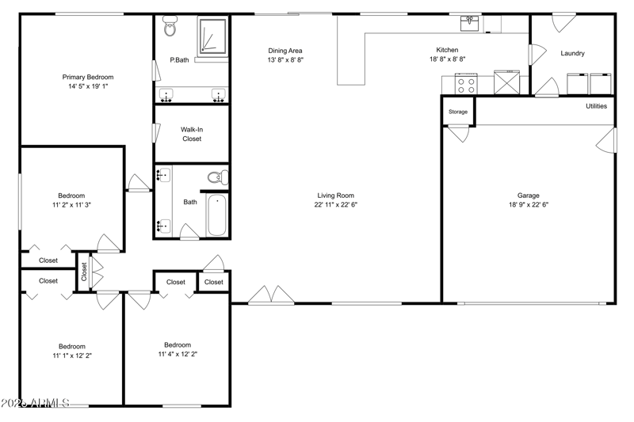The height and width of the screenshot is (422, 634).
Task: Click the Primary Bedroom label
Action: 88,77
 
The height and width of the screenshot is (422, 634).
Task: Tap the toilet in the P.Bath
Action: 170,29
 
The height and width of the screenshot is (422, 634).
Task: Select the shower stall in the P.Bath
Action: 212,36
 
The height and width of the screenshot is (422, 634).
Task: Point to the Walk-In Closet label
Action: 191,134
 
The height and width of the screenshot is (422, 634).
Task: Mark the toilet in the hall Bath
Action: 217,177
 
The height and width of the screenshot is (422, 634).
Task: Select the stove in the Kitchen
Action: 465,83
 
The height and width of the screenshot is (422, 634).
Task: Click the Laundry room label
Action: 572,54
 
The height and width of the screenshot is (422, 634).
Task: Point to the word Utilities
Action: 597,106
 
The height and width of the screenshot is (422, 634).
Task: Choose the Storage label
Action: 458,112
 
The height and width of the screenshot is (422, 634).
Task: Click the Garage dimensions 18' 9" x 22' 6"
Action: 529,204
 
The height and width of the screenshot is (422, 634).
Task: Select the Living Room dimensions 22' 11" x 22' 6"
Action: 335,204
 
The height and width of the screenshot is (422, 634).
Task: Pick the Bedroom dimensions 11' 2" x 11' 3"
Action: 71,204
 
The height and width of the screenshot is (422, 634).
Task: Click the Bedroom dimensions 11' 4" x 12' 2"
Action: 178,354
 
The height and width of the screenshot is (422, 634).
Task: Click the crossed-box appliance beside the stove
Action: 505,83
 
